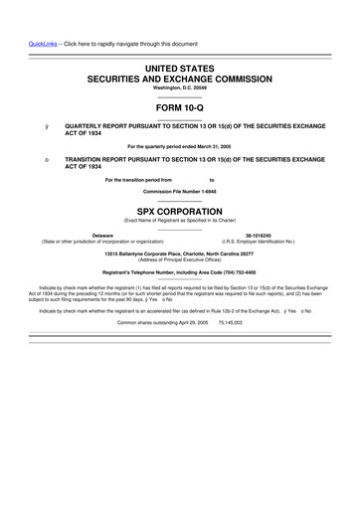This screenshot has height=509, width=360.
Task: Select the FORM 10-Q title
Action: point(180,107)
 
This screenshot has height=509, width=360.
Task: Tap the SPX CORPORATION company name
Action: point(180,212)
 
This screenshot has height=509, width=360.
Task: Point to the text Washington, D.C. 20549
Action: point(180,87)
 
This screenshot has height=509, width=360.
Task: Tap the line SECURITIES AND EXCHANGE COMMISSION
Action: point(180,76)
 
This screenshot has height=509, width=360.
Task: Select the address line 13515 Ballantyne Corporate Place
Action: point(180,253)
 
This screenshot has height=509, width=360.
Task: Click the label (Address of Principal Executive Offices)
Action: point(180,259)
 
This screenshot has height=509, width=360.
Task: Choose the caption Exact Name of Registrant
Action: point(180,222)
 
